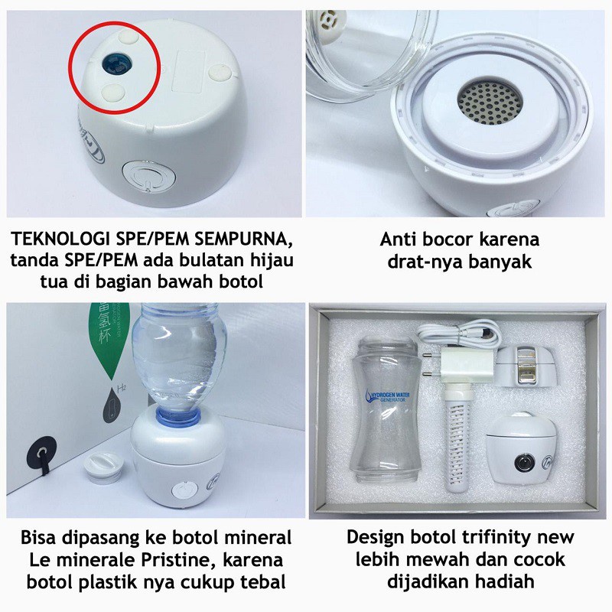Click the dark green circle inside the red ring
[117, 63]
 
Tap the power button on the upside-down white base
[148, 177]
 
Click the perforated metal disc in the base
[490, 103]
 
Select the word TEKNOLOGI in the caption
[60, 239]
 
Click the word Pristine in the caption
[177, 560]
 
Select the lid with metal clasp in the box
[525, 365]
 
